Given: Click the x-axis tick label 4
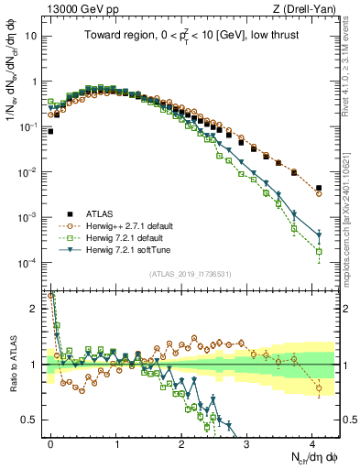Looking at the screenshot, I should pyautogui.click(x=312, y=442).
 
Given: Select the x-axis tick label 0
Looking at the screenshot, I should pyautogui.click(x=50, y=442).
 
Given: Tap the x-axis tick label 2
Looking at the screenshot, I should pyautogui.click(x=181, y=442).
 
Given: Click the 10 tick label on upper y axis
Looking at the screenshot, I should pyautogui.click(x=35, y=37).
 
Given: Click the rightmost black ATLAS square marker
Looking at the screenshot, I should pyautogui.click(x=318, y=188).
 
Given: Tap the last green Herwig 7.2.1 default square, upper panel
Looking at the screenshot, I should pyautogui.click(x=318, y=251).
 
